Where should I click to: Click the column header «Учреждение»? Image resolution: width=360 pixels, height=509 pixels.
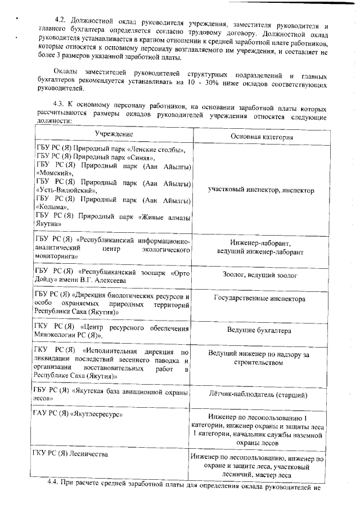(114, 134)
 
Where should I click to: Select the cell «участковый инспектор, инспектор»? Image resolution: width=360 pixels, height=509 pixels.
(261, 191)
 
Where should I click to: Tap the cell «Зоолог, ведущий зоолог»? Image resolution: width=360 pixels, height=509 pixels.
(261, 275)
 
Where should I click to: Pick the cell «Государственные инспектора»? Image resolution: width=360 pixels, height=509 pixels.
(261, 299)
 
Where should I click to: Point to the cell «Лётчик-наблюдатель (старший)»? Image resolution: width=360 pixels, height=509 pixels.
(261, 395)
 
